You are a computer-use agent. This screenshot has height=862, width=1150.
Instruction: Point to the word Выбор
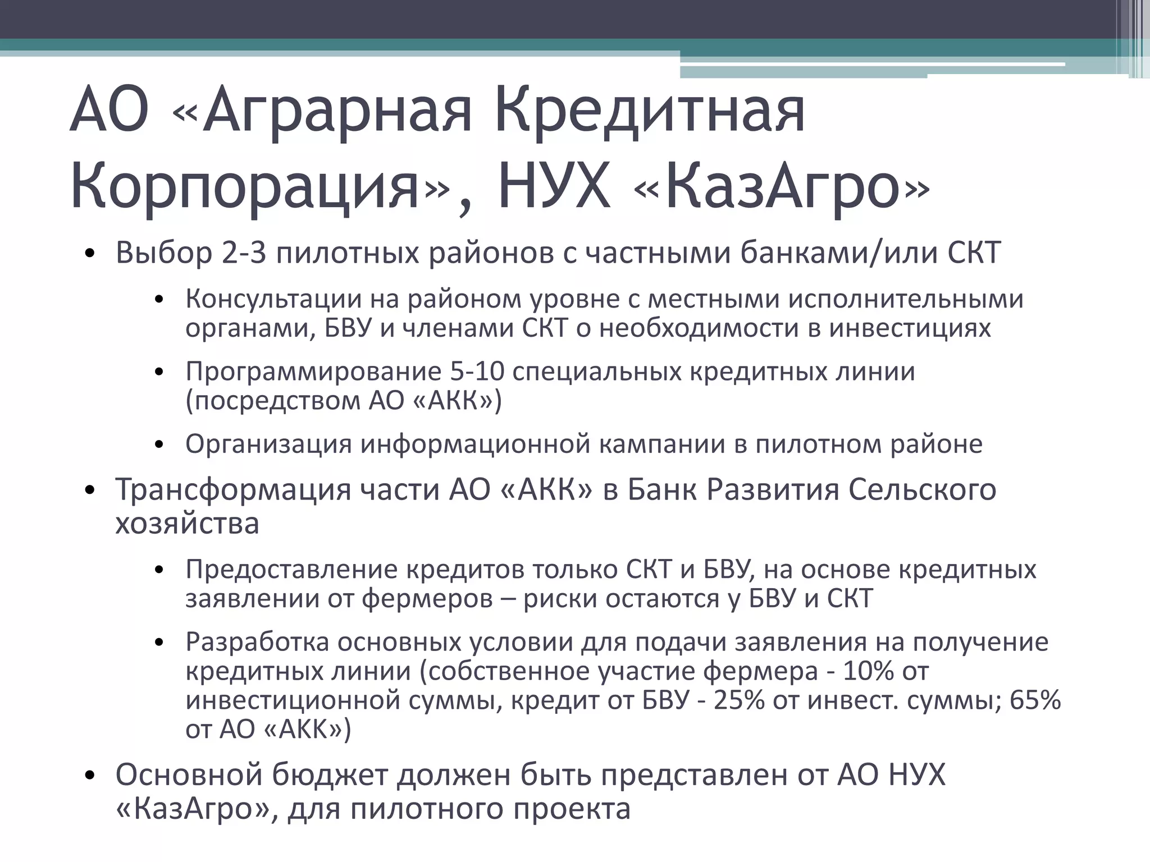click(164, 253)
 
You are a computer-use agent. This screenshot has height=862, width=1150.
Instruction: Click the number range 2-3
click(244, 253)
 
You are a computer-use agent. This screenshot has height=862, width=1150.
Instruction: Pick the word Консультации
click(273, 299)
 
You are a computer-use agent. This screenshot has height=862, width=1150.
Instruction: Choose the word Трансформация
click(233, 489)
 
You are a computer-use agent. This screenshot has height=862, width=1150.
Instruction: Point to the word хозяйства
click(187, 524)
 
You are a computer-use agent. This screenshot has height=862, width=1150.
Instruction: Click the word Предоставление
click(291, 570)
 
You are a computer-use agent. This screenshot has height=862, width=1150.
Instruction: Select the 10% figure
click(868, 671)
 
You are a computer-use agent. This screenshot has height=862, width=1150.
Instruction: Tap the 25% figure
click(739, 700)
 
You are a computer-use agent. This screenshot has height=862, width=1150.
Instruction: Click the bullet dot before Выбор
click(90, 255)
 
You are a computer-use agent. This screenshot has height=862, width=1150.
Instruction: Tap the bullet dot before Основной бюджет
click(90, 777)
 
